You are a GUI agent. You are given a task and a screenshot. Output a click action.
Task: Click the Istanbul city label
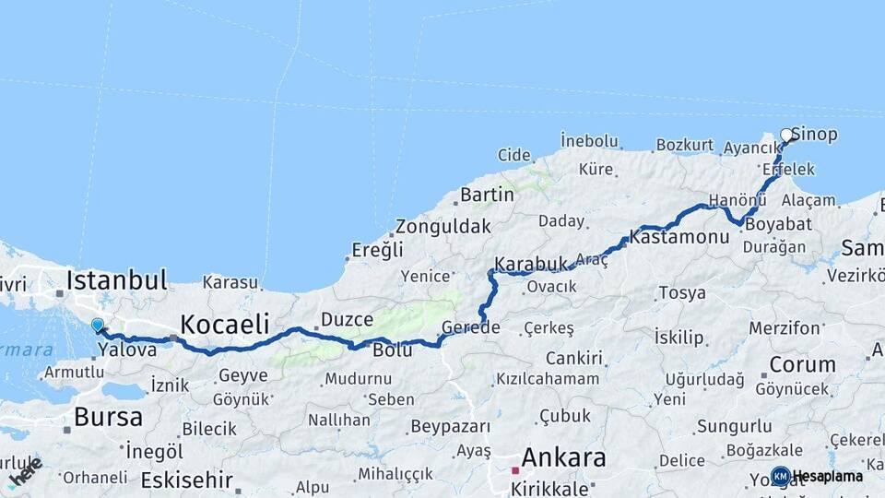pos(116,279)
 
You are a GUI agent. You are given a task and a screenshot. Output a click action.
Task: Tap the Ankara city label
pos(563,457)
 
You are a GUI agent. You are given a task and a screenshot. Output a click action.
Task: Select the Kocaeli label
pos(225,324)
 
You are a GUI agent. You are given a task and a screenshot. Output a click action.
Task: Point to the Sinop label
pos(815,135)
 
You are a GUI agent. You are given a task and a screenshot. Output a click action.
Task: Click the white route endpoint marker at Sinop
pos(786,136)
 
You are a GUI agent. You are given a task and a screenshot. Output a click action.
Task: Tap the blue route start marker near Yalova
pos(97,325)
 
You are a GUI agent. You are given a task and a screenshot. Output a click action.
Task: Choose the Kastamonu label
pos(680,237)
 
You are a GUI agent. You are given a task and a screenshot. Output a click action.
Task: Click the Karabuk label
pos(531,265)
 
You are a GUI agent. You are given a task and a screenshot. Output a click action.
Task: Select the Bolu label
pos(392,350)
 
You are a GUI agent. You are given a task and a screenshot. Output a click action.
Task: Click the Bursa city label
pos(108,417)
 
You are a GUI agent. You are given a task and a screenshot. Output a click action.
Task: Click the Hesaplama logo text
pos(827,477)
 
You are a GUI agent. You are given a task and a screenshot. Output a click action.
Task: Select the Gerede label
pos(470,327)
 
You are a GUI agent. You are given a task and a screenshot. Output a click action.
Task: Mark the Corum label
pos(802,364)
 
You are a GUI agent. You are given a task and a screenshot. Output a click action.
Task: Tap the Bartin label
pos(487,195)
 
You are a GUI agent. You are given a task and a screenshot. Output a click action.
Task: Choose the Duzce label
pos(347,320)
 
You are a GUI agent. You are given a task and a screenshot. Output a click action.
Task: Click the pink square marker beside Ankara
pos(515,470)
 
